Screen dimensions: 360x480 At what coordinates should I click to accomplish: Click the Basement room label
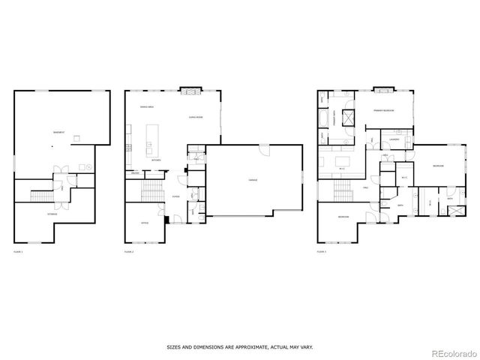coord(58,133)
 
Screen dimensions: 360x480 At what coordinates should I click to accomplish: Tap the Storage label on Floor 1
coord(52,214)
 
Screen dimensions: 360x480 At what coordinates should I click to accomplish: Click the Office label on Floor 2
coord(145,223)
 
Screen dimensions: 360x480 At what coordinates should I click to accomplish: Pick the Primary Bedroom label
coord(384,110)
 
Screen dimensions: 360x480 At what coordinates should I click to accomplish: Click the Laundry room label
coord(394,139)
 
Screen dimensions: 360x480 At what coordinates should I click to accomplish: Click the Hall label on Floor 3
coord(364,187)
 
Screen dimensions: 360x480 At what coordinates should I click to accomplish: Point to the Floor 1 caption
coord(18,252)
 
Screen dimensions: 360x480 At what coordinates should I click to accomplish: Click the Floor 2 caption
coord(128,252)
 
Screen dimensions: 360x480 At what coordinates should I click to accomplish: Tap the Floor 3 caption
coord(321,252)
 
